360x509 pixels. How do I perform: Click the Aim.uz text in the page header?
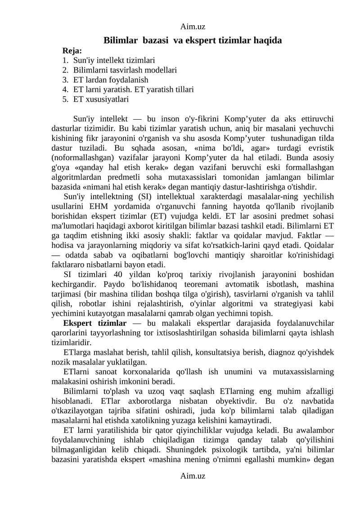tap(193, 27)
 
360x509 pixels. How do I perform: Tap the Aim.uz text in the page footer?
tap(193, 475)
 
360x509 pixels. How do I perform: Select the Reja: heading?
tap(72, 50)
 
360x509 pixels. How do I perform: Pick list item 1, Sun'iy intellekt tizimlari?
tap(114, 60)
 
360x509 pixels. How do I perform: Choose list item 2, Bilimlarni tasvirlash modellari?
tap(125, 70)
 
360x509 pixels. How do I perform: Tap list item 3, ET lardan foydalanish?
tap(111, 80)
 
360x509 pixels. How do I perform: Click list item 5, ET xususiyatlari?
tap(101, 99)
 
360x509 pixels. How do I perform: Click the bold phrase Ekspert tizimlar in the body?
tap(95, 323)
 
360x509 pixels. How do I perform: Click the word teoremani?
tap(190, 284)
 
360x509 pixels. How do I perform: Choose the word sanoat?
tap(103, 372)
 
